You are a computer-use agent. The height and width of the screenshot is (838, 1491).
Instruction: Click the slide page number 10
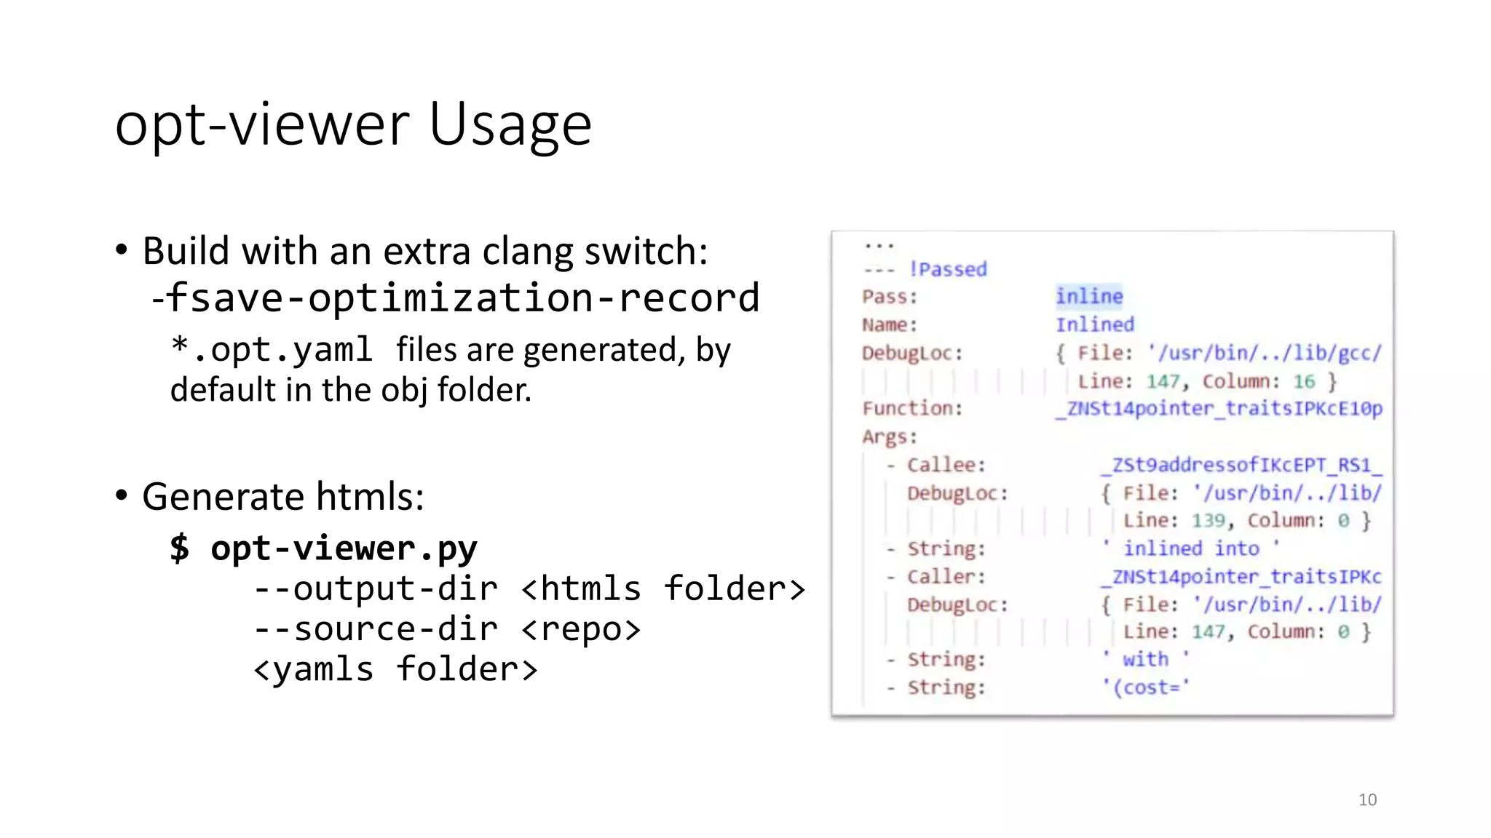(x=1367, y=800)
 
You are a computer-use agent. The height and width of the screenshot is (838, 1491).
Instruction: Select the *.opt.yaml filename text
(x=272, y=350)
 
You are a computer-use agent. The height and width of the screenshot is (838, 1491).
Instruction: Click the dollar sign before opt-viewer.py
(x=179, y=548)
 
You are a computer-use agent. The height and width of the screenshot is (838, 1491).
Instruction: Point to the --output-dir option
(x=376, y=588)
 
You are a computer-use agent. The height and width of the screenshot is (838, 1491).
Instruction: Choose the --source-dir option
(x=376, y=629)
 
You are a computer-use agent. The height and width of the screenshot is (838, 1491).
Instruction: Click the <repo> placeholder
(x=581, y=629)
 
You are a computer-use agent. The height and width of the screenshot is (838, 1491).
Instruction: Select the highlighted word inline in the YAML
(x=1089, y=296)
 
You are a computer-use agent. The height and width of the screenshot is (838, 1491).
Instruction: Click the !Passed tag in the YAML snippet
(x=948, y=269)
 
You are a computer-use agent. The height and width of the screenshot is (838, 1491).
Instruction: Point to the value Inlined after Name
(x=1095, y=324)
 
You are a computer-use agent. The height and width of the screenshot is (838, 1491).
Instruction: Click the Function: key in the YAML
(x=912, y=408)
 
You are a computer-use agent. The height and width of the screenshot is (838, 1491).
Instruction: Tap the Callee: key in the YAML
(x=946, y=465)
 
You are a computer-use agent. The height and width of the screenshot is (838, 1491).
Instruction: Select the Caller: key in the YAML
(x=946, y=577)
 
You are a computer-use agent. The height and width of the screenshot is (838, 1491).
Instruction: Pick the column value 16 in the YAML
(x=1304, y=381)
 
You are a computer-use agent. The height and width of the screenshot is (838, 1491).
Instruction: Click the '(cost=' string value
(x=1146, y=687)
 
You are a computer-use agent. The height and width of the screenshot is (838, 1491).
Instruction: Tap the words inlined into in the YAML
(x=1191, y=548)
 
